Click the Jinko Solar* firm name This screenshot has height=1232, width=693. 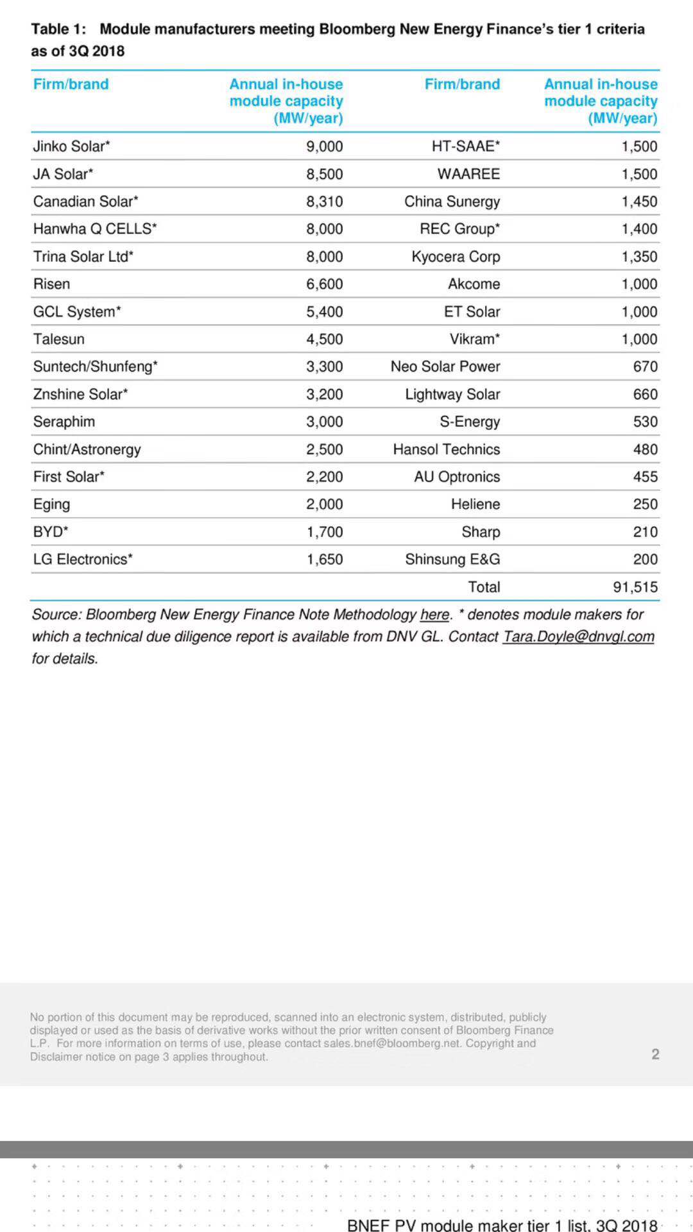pos(71,146)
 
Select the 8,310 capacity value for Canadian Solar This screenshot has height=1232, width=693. pos(324,201)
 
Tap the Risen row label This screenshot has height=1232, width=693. pos(51,284)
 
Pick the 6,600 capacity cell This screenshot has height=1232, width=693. pos(324,284)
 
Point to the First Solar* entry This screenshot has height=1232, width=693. pos(69,477)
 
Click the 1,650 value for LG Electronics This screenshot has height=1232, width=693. pos(324,559)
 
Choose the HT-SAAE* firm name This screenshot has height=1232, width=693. pos(465,146)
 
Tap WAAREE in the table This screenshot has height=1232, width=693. pos(468,174)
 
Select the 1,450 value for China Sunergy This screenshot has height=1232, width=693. pos(639,201)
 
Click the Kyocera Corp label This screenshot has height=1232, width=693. pos(456,257)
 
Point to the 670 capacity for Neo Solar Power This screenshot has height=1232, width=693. pos(645,366)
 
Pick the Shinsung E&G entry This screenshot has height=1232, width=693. pos(452,559)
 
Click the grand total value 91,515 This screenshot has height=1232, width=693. pos(635,586)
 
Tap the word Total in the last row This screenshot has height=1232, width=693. pos(484,586)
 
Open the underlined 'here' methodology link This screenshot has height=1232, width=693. pos(434,615)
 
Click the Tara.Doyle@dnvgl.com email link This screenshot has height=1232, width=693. pos(578,637)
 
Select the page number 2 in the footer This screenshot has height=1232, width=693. pos(655,1054)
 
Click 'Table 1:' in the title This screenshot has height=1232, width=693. pos(58,29)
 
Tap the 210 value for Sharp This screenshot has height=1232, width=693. pos(645,531)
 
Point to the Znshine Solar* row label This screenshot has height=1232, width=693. pos(80,394)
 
